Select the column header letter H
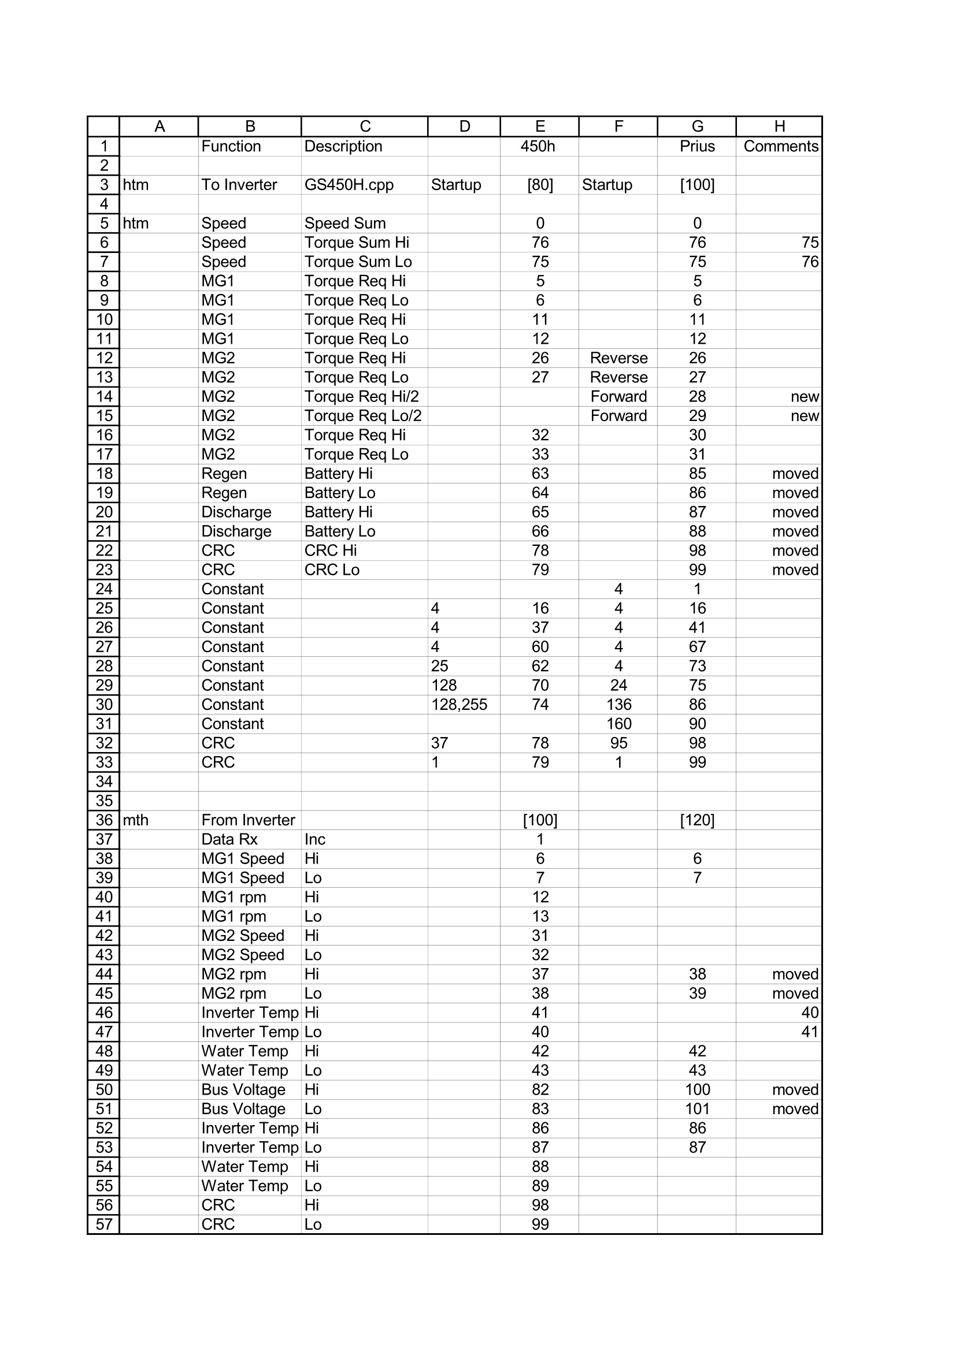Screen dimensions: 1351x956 pyautogui.click(x=779, y=126)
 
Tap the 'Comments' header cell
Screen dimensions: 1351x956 pyautogui.click(x=780, y=147)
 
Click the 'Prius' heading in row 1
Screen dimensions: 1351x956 pyautogui.click(x=697, y=147)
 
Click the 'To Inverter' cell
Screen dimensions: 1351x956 pyautogui.click(x=239, y=185)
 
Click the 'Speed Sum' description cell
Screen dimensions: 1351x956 pyautogui.click(x=345, y=224)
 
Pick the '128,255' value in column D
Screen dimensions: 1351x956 pyautogui.click(x=459, y=705)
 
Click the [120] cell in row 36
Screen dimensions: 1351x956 pyautogui.click(x=697, y=820)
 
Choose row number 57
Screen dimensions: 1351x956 pyautogui.click(x=103, y=1225)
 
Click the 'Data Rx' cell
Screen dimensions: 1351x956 pyautogui.click(x=229, y=840)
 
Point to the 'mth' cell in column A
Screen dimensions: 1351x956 pyautogui.click(x=135, y=820)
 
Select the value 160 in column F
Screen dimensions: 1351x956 pyautogui.click(x=618, y=724)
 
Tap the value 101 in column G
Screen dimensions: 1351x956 pyautogui.click(x=697, y=1109)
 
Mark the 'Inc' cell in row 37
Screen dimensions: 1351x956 pyautogui.click(x=315, y=840)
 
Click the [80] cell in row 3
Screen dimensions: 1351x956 pyautogui.click(x=540, y=185)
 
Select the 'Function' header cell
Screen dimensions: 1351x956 pyautogui.click(x=231, y=147)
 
